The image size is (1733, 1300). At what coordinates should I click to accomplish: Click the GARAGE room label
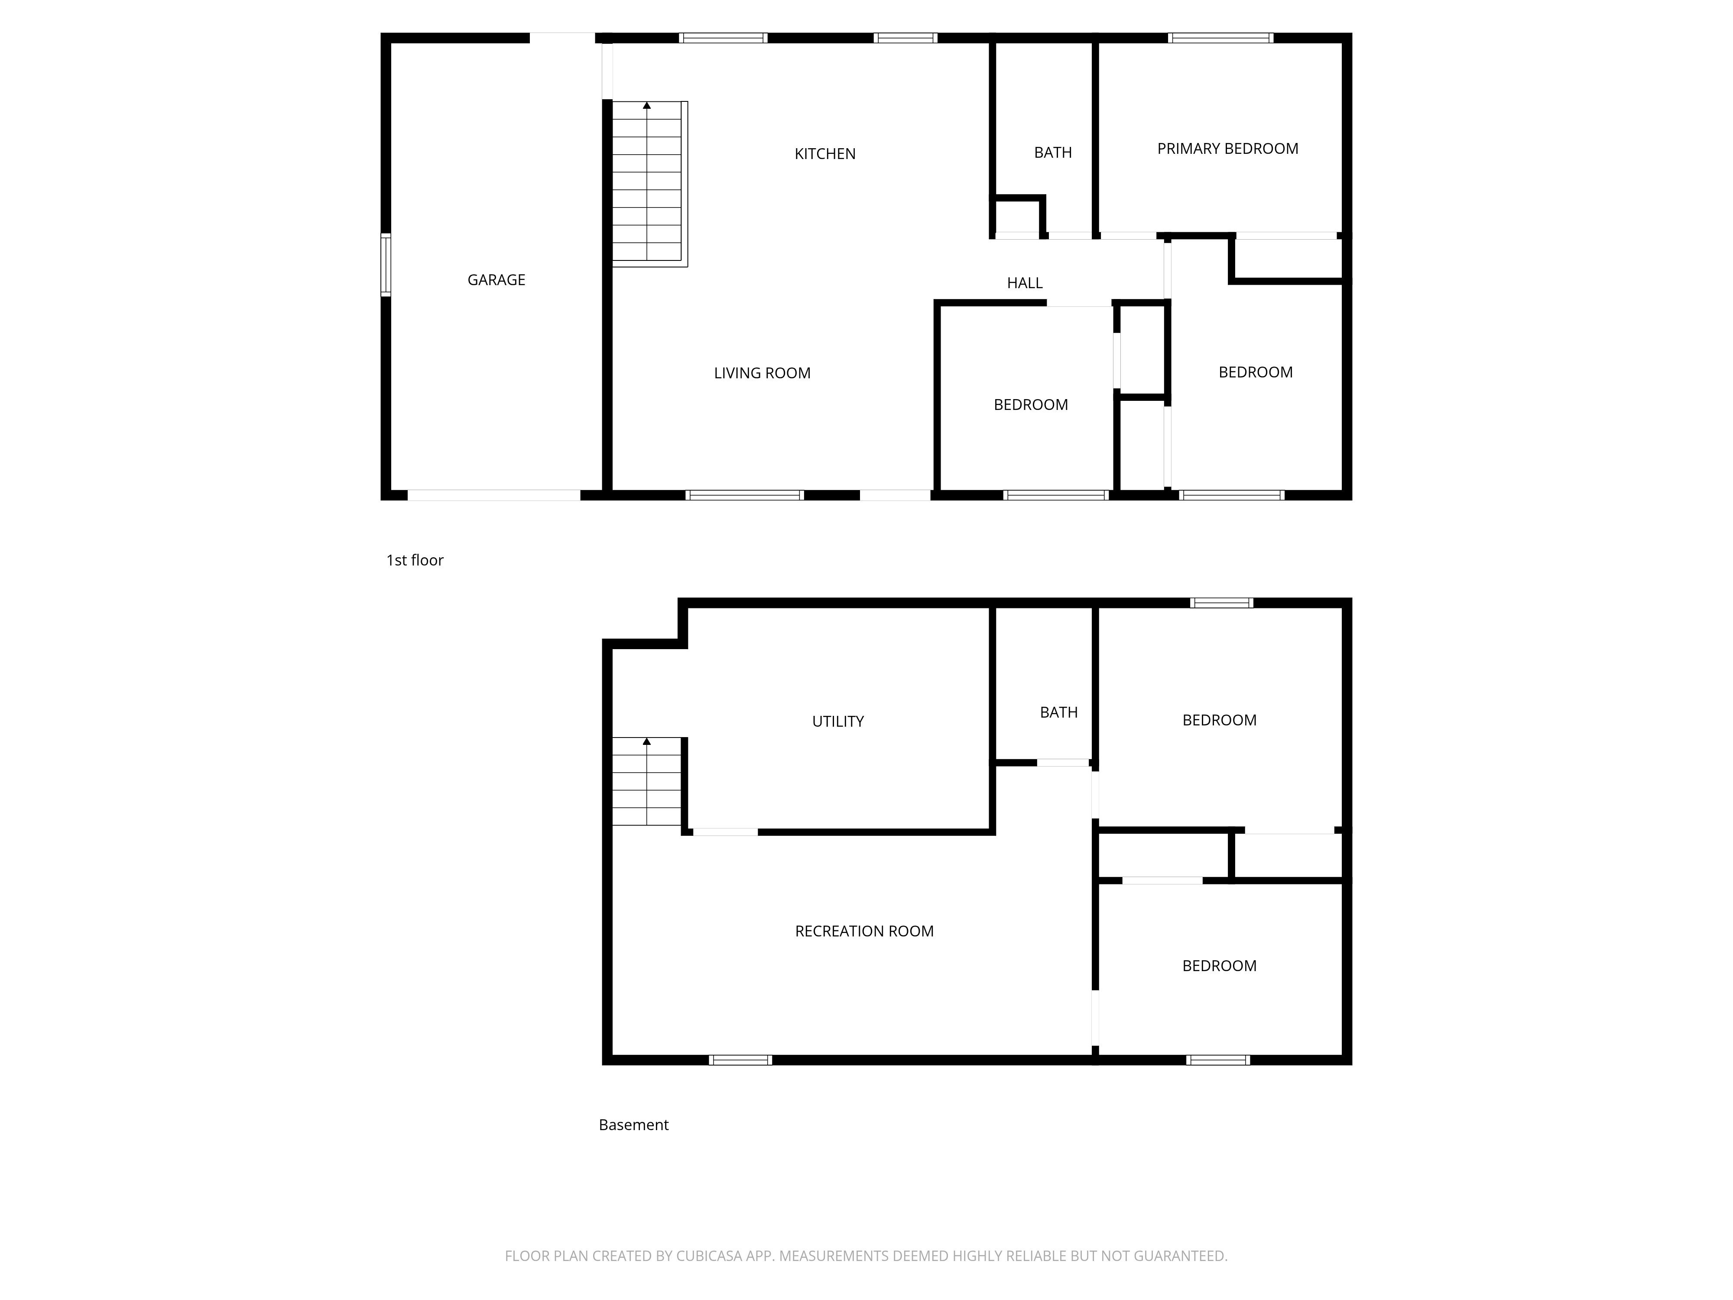point(496,280)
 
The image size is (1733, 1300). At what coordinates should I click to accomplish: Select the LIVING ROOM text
point(762,373)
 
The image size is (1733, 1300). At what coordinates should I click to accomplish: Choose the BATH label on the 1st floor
point(1052,152)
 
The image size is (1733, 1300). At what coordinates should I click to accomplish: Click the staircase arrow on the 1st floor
point(646,105)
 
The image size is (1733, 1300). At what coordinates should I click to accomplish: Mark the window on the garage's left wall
point(386,265)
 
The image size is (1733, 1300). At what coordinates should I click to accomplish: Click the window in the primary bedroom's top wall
point(1220,38)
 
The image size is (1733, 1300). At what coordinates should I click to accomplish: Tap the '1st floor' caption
point(415,560)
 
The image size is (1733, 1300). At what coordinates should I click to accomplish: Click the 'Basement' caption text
point(633,1124)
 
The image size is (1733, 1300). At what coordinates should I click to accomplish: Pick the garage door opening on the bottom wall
point(493,495)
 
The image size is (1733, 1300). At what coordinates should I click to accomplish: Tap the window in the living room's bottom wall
point(744,495)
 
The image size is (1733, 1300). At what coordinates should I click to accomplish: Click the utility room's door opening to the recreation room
point(725,832)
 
